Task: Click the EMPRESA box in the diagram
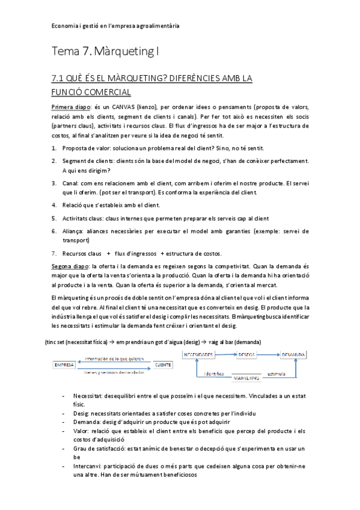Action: [64, 364]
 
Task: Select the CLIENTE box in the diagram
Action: [162, 364]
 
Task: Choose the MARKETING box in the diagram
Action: [246, 378]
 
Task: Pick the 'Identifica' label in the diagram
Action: [215, 373]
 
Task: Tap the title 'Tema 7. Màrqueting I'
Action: [105, 52]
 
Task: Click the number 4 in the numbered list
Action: [54, 205]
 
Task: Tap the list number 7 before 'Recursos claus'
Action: [54, 253]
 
